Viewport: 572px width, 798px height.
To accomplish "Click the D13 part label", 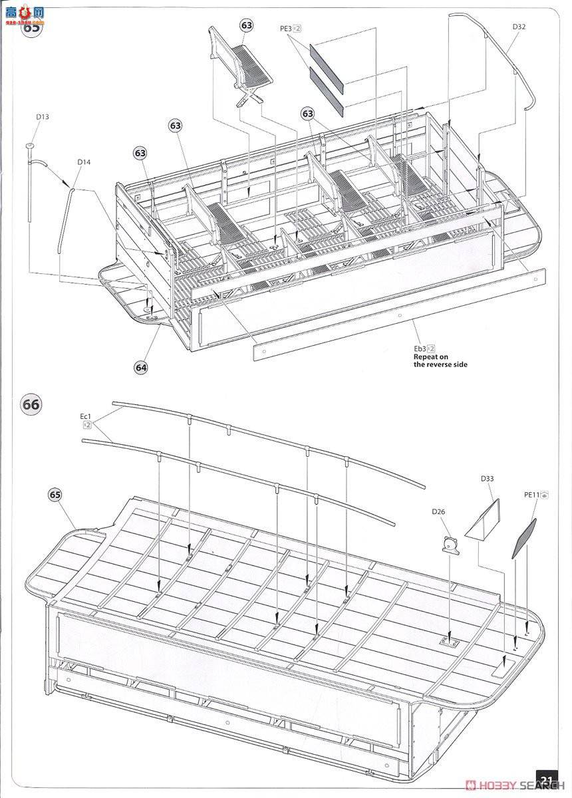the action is tap(43, 118).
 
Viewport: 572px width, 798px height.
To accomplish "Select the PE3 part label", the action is tap(287, 29).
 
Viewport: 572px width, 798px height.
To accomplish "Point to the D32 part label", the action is tap(519, 27).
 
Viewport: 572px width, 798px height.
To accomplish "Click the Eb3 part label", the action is tap(422, 348).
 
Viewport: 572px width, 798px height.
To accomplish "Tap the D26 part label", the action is tap(438, 511).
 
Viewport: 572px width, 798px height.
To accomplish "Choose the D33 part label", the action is tap(486, 479).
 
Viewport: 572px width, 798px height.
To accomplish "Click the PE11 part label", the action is tap(531, 494).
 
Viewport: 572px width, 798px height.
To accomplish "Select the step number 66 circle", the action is tap(31, 404).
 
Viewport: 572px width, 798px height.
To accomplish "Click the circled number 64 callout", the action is tap(141, 366).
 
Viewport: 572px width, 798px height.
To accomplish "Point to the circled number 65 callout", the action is tap(55, 495).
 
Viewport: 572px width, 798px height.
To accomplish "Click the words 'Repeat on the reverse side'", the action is tap(440, 360).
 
